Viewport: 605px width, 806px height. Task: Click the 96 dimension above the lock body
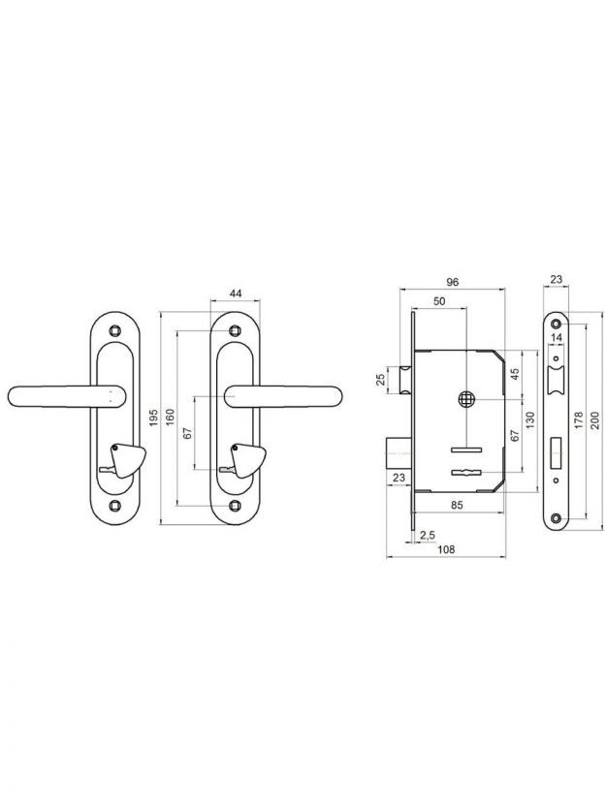coord(452,282)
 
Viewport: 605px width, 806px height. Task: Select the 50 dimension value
coord(439,301)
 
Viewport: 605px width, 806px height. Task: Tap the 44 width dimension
coord(235,294)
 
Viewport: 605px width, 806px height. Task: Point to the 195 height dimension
coord(153,418)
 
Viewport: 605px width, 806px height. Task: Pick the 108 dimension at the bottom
coord(446,549)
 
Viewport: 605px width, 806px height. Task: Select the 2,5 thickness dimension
coord(428,535)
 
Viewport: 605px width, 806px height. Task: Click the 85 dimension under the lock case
coord(457,506)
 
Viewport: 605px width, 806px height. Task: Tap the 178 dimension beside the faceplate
coord(578,420)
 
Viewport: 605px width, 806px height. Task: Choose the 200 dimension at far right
coord(595,420)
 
